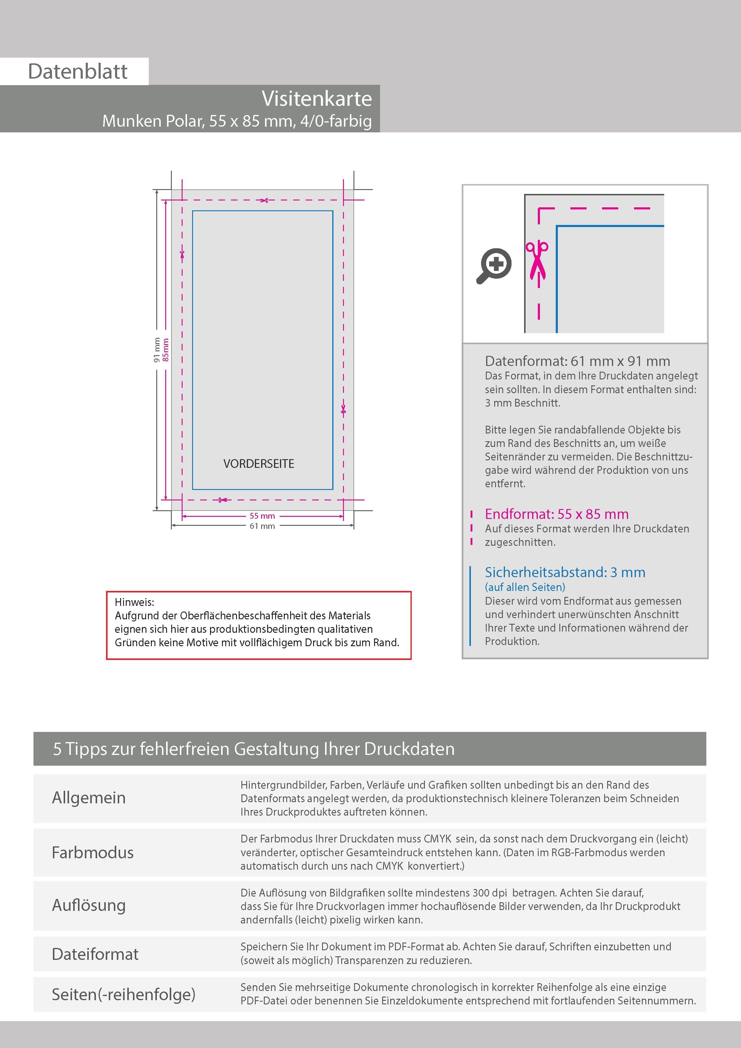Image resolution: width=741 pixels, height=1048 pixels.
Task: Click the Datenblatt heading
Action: pyautogui.click(x=78, y=72)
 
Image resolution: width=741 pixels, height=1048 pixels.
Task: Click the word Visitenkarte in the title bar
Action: pyautogui.click(x=317, y=99)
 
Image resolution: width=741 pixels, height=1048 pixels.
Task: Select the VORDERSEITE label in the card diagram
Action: pyautogui.click(x=259, y=464)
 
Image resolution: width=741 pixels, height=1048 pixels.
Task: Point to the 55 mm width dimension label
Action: pyautogui.click(x=262, y=516)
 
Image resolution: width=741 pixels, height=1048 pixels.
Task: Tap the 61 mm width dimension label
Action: pyautogui.click(x=262, y=526)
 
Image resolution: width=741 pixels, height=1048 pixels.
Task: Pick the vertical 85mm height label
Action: pyautogui.click(x=166, y=350)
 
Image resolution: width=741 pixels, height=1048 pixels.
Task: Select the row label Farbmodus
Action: pyautogui.click(x=93, y=852)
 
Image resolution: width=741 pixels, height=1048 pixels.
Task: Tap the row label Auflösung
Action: pyautogui.click(x=88, y=905)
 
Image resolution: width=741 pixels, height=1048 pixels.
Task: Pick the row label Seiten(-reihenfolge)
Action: pyautogui.click(x=124, y=994)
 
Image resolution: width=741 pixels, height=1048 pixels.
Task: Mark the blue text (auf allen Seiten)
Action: pyautogui.click(x=525, y=587)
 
